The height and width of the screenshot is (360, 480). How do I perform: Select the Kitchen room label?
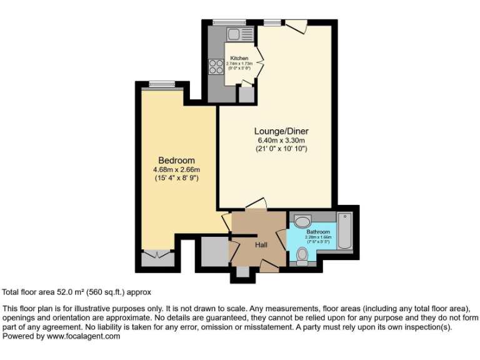pyautogui.click(x=239, y=58)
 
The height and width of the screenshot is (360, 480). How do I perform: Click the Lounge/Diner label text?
pyautogui.click(x=281, y=131)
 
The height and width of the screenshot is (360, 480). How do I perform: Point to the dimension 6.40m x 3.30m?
pyautogui.click(x=281, y=141)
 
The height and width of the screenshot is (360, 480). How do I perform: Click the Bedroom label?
pyautogui.click(x=176, y=161)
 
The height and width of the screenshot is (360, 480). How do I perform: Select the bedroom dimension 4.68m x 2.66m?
pyautogui.click(x=176, y=169)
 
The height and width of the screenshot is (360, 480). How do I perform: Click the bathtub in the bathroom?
pyautogui.click(x=345, y=231)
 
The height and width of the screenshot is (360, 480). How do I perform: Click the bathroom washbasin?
pyautogui.click(x=302, y=221)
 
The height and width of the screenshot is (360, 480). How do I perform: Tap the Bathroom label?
pyautogui.click(x=318, y=232)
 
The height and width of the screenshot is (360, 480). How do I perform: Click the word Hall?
pyautogui.click(x=261, y=244)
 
